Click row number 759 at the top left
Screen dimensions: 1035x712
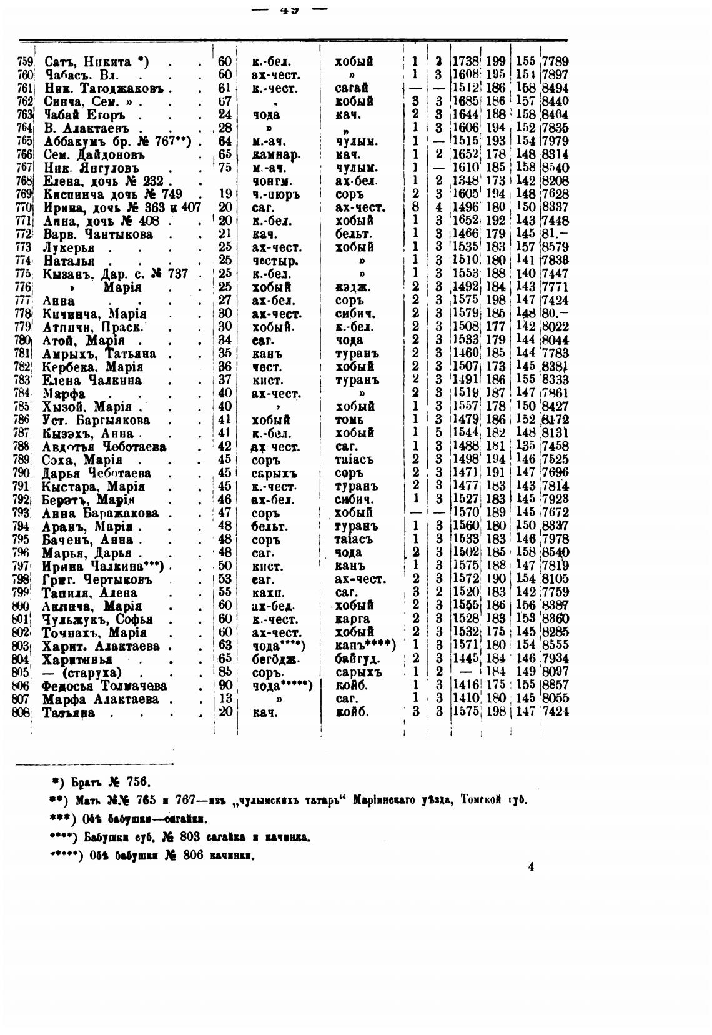[x=25, y=61]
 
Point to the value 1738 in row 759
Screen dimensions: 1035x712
[x=465, y=61]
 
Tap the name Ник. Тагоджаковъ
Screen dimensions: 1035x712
[x=104, y=87]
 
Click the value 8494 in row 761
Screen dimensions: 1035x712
[x=555, y=87]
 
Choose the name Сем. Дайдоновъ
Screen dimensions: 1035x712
[x=94, y=154]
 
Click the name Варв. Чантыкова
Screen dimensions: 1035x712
[x=98, y=234]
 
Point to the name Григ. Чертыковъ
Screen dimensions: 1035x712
[x=97, y=579]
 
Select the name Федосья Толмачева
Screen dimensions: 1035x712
[x=100, y=686]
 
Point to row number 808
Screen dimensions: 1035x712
[x=22, y=712]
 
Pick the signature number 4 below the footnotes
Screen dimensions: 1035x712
[x=531, y=867]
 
